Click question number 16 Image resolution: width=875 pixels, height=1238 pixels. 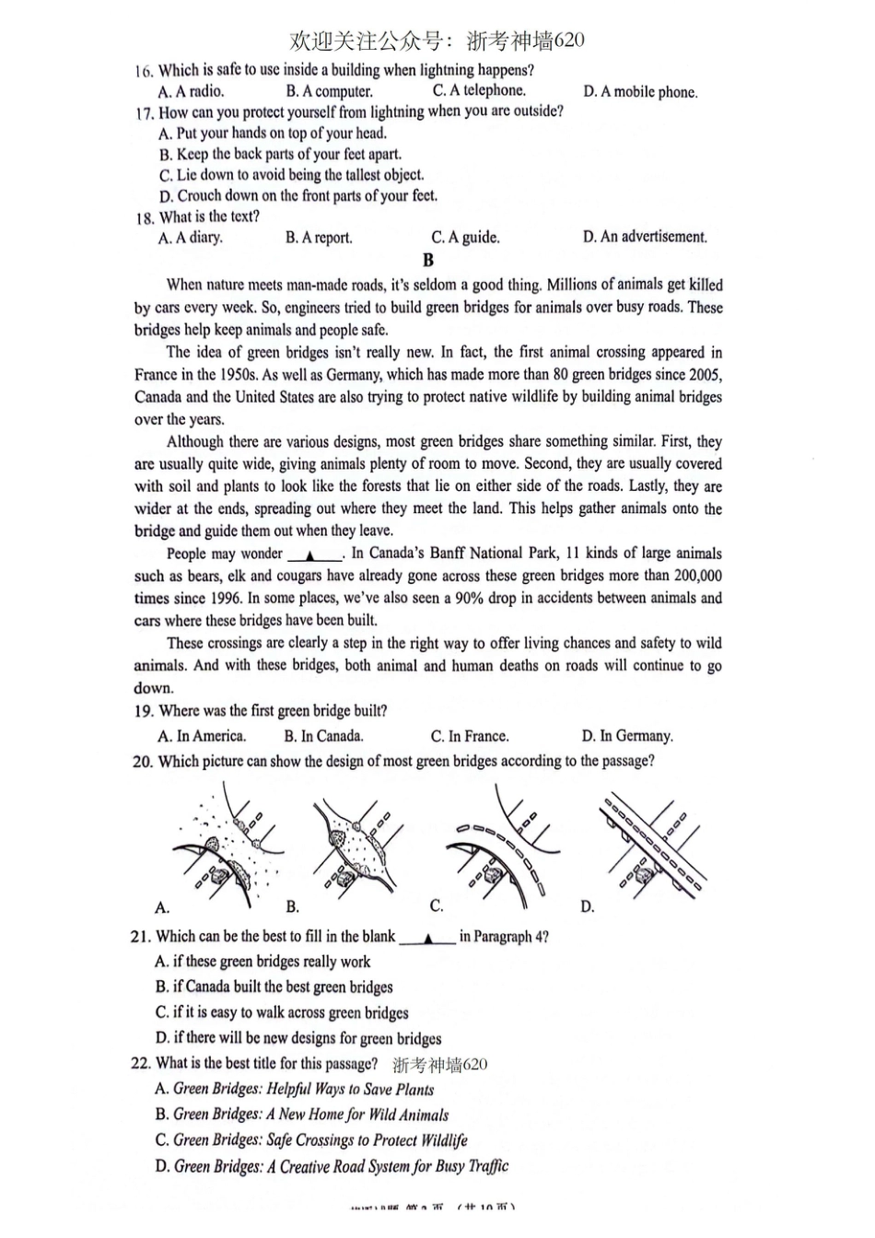coord(143,71)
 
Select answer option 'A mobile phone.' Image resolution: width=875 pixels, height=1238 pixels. coord(640,92)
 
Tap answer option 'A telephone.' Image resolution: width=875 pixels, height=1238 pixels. coord(479,90)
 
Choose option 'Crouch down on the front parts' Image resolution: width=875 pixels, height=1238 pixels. coord(297,196)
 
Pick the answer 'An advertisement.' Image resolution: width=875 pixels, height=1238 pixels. coord(645,237)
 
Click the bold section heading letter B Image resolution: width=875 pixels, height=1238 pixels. coord(427,261)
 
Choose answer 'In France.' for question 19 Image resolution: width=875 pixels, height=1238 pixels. coord(470,737)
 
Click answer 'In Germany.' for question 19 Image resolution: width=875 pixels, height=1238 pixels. coord(627,737)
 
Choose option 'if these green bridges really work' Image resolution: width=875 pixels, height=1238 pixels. coord(262,962)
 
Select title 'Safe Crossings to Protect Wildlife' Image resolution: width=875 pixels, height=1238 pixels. coord(311,1140)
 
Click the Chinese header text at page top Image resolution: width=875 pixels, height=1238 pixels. coord(437,41)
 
